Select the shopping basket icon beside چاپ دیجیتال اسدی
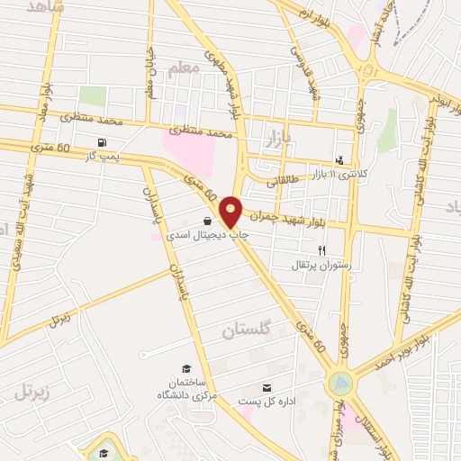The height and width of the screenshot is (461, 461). click(208, 221)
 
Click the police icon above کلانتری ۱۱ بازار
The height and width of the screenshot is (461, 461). click(339, 158)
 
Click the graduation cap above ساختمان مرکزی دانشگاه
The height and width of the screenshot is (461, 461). click(186, 368)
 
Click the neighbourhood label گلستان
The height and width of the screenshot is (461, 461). click(246, 330)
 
